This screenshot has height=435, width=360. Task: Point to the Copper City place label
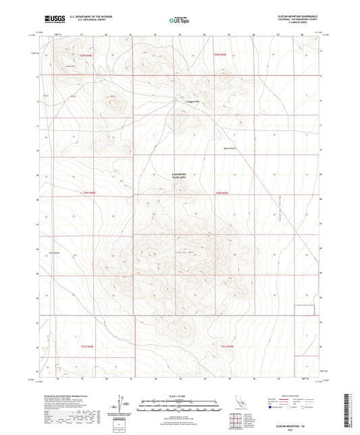tap(194, 103)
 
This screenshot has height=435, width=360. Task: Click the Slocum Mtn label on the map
tap(186, 252)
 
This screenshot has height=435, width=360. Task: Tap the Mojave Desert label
tap(231, 144)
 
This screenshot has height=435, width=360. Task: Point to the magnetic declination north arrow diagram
tap(124, 403)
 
